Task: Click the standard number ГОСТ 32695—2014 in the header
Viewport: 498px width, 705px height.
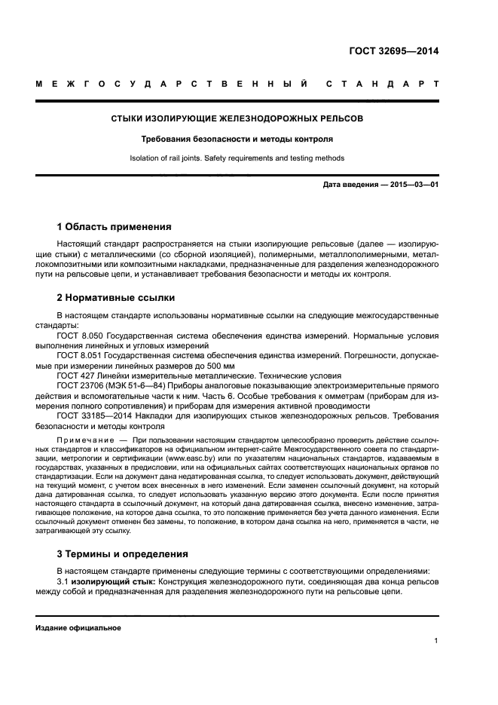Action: coord(393,52)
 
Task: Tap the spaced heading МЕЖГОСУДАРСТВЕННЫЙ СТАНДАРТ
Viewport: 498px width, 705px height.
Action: coord(237,84)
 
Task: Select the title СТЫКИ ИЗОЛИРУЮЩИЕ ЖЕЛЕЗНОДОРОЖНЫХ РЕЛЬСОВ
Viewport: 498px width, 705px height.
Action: coord(237,119)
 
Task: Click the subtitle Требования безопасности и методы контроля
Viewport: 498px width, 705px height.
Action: coord(237,139)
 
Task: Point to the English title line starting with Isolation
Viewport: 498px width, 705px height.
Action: coord(237,158)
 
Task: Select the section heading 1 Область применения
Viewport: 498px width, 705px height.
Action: coord(115,226)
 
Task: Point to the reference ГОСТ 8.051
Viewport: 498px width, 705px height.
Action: coord(79,354)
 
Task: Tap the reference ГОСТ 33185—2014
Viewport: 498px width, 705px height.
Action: coord(95,415)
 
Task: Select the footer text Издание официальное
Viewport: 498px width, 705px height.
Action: coord(78,627)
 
